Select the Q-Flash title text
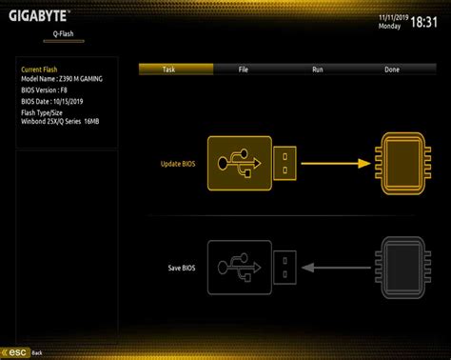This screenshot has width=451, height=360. click(65, 33)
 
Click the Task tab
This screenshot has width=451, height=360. click(168, 70)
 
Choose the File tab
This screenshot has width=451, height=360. click(244, 70)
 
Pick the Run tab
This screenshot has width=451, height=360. click(318, 70)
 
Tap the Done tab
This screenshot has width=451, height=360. click(392, 70)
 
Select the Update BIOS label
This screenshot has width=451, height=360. click(178, 164)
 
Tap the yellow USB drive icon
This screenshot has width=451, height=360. click(253, 163)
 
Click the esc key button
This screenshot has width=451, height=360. click(16, 352)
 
